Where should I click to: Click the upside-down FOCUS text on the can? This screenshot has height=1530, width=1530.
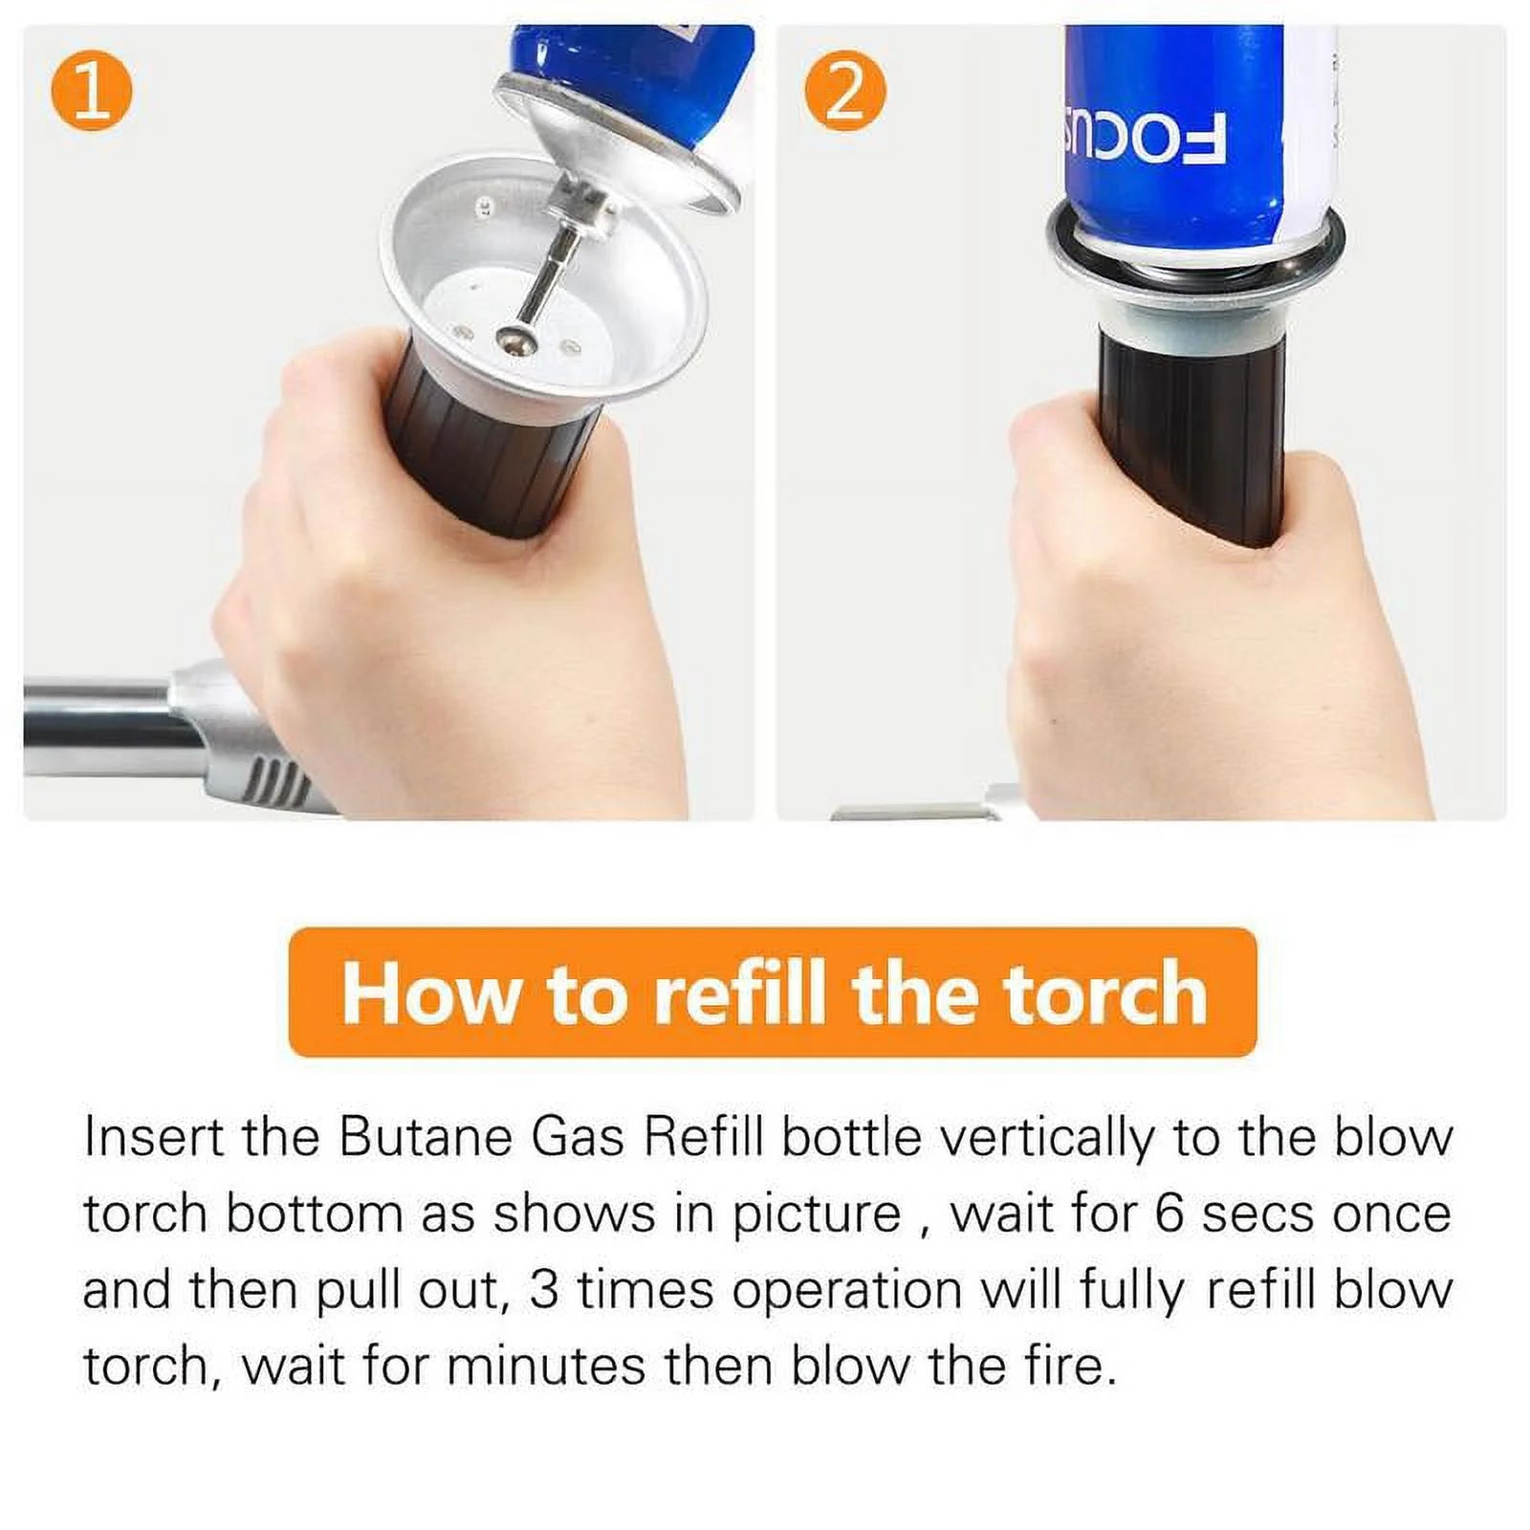coord(1143,140)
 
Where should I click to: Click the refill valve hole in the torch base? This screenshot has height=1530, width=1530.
coord(514,337)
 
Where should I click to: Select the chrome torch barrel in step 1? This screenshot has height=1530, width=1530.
coord(96,727)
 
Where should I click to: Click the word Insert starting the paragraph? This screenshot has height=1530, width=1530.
coord(153,1138)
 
